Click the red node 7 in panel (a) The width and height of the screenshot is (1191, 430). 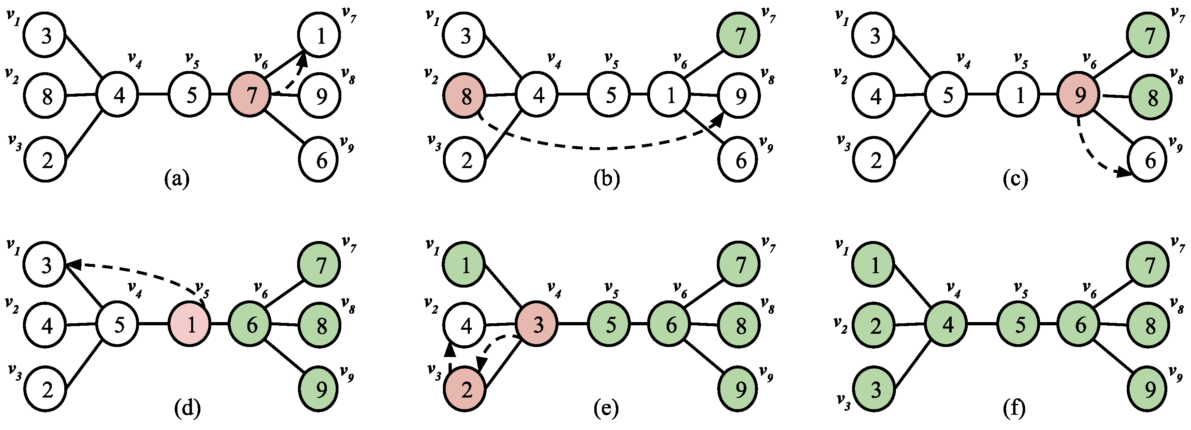(250, 95)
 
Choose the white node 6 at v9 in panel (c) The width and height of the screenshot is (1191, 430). (1149, 160)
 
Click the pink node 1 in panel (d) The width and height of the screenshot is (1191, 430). (190, 325)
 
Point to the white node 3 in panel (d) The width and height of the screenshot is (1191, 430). (45, 265)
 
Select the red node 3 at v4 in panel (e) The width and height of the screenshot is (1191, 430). (537, 325)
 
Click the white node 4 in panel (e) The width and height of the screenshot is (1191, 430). (465, 326)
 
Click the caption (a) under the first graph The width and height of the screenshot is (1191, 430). (177, 179)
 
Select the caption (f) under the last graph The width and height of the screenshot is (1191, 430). (1014, 408)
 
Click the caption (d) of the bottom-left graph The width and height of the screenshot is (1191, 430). (187, 408)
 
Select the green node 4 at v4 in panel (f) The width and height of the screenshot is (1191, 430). (947, 325)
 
